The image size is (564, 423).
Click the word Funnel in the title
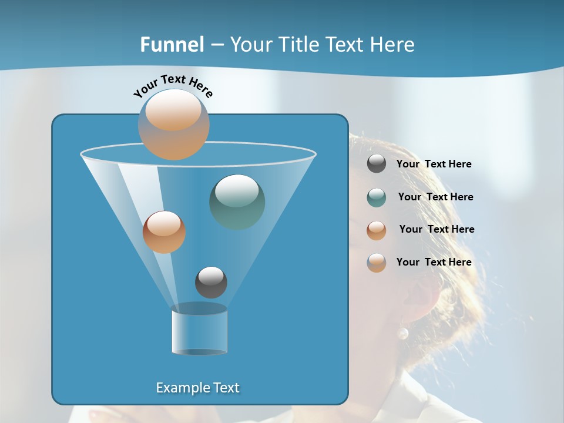coord(172,45)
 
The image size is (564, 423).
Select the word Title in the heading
coord(299,45)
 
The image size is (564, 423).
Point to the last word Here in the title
coord(394,45)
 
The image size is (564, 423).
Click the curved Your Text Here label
coord(173,85)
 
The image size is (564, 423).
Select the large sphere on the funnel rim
coord(174,125)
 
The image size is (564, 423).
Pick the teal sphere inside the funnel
coord(237,202)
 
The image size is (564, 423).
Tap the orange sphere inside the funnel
coord(164,232)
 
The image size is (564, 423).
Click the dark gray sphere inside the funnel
coord(211,282)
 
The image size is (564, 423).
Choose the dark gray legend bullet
coord(377,164)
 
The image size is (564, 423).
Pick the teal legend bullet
coord(377,197)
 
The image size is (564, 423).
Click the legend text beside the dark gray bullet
coord(434,164)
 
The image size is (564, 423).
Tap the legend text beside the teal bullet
coord(435,197)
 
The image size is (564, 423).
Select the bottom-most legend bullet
coord(377,263)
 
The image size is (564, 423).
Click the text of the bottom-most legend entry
coord(434,262)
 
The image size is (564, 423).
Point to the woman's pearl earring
coord(402,334)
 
